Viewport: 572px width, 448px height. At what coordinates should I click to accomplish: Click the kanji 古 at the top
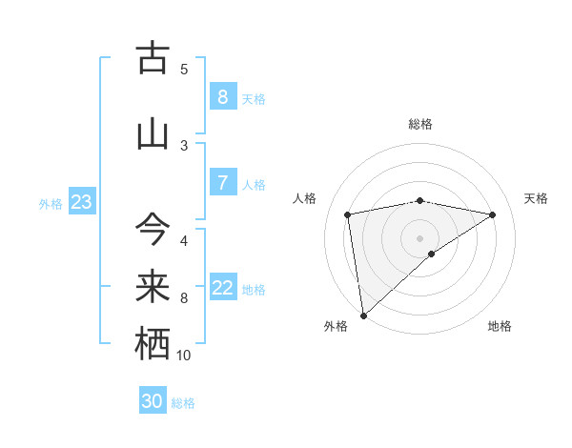(x=153, y=59)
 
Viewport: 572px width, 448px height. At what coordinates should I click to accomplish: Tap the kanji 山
(x=153, y=134)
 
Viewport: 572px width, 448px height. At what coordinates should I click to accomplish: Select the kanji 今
(x=153, y=229)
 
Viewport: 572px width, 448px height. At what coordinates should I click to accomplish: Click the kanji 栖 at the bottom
(x=153, y=344)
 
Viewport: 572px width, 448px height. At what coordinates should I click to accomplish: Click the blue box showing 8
(x=222, y=97)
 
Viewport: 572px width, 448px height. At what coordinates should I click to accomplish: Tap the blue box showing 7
(x=222, y=183)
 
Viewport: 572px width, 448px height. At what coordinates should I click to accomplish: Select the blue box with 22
(x=223, y=288)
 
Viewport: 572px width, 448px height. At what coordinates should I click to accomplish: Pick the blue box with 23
(x=81, y=202)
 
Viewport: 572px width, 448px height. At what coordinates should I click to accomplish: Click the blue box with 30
(x=153, y=401)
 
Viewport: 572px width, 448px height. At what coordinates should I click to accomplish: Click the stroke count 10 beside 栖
(x=184, y=356)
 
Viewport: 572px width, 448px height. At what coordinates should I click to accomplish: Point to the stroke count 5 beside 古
(x=184, y=69)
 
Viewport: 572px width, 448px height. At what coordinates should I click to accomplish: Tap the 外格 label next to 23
(x=51, y=203)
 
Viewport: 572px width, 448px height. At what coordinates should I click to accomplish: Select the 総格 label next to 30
(x=183, y=403)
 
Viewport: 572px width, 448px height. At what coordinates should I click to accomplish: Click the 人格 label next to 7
(x=254, y=185)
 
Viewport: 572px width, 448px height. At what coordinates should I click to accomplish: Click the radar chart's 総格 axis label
(x=420, y=124)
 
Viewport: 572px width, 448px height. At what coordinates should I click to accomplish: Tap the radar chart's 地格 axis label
(x=500, y=326)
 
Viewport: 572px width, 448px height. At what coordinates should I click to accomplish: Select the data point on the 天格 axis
(x=493, y=214)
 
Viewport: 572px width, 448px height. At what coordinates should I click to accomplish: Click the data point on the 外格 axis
(x=363, y=315)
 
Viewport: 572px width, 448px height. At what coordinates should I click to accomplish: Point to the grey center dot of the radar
(x=419, y=237)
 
